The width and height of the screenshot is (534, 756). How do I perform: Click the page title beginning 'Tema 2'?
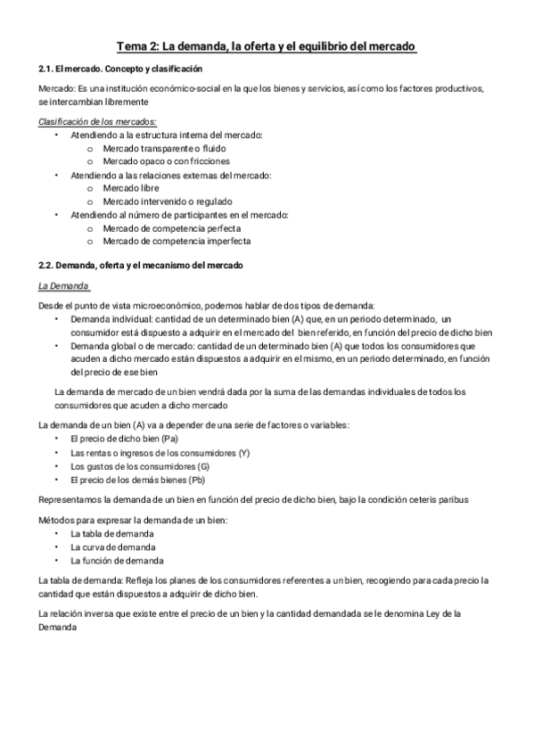267,45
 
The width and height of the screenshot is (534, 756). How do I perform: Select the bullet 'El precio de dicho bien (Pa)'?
124,439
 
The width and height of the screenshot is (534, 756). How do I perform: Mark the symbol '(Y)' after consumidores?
244,452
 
